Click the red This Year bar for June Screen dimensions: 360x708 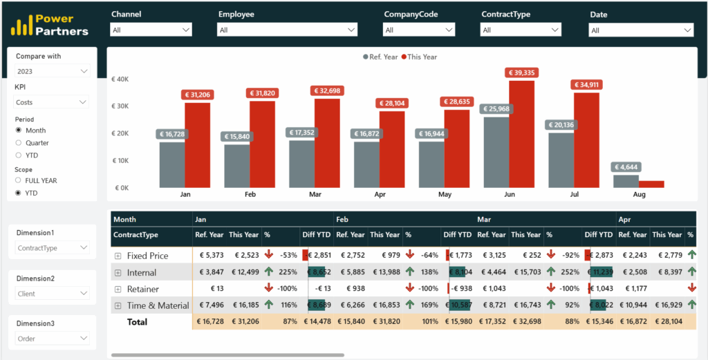pos(521,134)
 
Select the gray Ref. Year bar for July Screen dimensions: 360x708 pos(561,160)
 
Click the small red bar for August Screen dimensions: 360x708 pos(651,184)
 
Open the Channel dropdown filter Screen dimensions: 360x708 pos(151,30)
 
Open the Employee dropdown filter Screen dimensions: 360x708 pos(287,30)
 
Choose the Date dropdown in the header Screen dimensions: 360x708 pos(640,30)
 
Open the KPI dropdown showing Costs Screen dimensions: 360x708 pos(52,102)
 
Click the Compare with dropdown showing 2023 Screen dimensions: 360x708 pos(52,71)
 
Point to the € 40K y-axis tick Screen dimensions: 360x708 pos(120,79)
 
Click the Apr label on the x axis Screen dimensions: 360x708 pos(380,195)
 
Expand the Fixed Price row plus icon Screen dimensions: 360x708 pos(118,256)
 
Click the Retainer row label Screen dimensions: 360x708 pos(142,289)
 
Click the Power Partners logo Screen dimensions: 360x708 pos(50,26)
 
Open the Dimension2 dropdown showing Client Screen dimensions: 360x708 pos(52,294)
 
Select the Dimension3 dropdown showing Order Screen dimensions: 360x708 pos(52,339)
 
